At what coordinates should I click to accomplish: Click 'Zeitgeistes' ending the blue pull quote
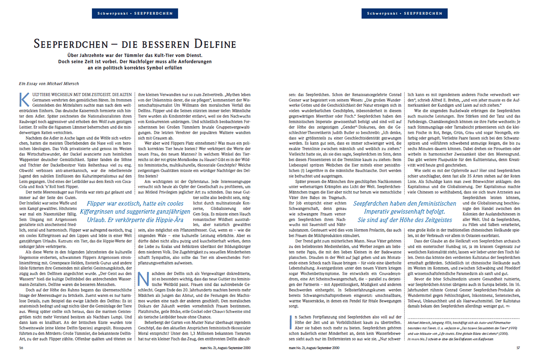pyautogui.click(x=435, y=220)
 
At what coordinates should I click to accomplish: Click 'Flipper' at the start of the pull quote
pyautogui.click(x=97, y=204)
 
